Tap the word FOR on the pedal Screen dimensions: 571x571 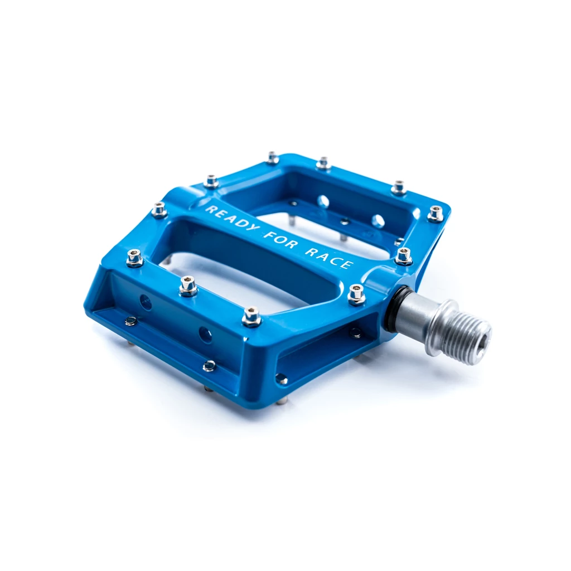tap(280, 240)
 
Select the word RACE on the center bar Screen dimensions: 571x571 tap(328, 258)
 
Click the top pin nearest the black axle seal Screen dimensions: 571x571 tap(356, 294)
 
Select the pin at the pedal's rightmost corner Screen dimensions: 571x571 tap(435, 214)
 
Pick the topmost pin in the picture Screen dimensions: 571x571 tap(273, 157)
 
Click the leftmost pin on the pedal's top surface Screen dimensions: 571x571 tap(134, 258)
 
